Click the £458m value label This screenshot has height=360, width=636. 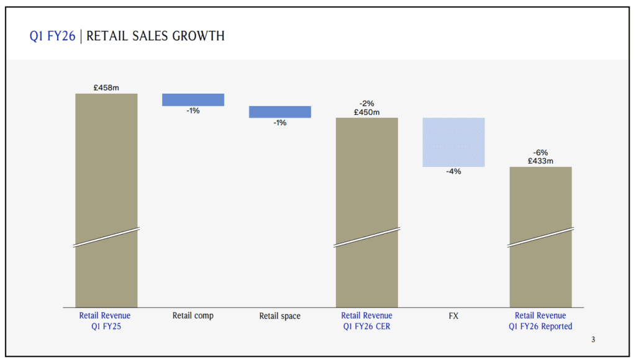(x=106, y=88)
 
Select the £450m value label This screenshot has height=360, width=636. (x=366, y=112)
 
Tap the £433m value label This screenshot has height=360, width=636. (x=540, y=161)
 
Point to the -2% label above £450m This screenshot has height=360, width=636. (x=366, y=104)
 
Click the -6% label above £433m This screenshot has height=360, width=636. (x=540, y=153)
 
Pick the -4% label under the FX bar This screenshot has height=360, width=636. (x=453, y=172)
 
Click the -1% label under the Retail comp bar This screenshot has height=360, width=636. (x=193, y=111)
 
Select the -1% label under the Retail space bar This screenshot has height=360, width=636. (x=280, y=123)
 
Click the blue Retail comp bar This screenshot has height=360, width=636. (x=193, y=100)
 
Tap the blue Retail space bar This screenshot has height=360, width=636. (x=280, y=112)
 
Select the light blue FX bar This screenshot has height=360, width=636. (x=453, y=142)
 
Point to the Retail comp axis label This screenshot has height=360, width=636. (x=193, y=316)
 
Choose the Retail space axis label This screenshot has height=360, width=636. (x=280, y=317)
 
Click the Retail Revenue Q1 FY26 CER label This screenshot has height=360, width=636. (x=366, y=321)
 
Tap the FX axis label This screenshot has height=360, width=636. (x=453, y=316)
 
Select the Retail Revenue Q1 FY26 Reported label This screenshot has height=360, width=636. (x=540, y=321)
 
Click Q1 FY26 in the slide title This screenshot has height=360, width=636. (x=52, y=37)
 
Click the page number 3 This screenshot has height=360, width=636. (x=593, y=340)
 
